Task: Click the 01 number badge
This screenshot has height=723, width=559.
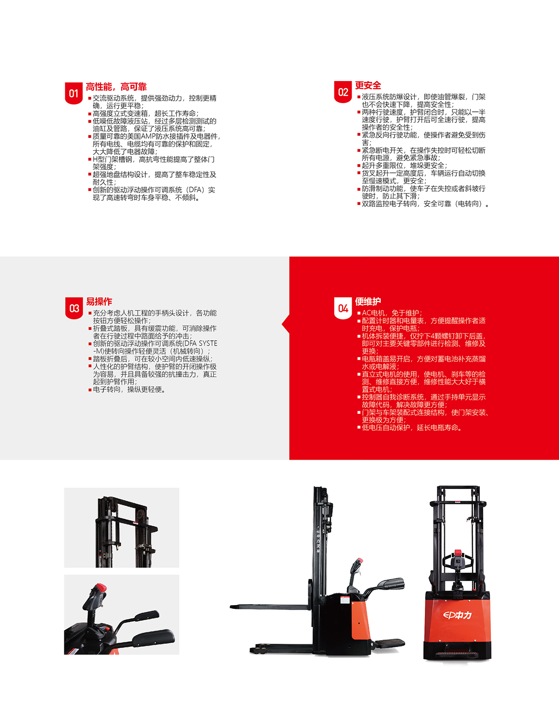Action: click(74, 94)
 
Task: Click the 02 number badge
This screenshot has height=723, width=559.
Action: click(343, 92)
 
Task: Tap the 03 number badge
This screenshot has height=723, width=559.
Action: click(74, 308)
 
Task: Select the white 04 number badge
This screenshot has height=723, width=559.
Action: click(343, 308)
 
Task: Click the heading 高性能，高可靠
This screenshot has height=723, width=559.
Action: click(116, 87)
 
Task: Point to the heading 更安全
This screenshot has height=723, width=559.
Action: click(368, 85)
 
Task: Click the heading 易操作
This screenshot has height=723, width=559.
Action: click(99, 302)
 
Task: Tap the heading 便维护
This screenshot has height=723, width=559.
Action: click(368, 302)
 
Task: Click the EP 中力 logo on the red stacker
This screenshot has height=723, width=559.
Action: click(457, 615)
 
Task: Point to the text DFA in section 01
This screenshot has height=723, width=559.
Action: click(195, 190)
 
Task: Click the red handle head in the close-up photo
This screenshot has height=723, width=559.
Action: click(100, 587)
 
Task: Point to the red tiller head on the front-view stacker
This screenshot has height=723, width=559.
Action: click(458, 553)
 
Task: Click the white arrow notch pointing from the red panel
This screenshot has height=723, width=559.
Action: click(286, 324)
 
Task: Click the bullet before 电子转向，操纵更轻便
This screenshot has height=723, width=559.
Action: click(90, 390)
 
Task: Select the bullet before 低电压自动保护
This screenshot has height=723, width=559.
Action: click(359, 427)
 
